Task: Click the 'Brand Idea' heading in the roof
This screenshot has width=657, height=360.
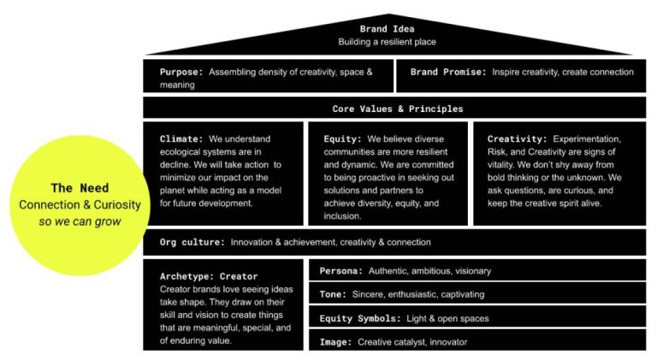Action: click(387, 29)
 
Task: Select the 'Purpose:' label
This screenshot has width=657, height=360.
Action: click(181, 72)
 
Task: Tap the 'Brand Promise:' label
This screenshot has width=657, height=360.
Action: click(448, 72)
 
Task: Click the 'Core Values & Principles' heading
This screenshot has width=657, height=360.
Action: click(398, 109)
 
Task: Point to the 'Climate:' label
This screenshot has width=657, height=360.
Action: click(181, 139)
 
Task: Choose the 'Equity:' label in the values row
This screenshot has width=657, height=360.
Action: click(342, 139)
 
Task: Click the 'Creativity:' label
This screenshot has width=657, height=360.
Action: click(517, 139)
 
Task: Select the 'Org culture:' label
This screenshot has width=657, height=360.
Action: click(192, 242)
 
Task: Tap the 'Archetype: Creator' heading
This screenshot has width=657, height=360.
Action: click(209, 276)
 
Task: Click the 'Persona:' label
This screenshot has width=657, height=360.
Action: click(341, 271)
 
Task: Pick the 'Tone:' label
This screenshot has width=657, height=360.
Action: click(333, 294)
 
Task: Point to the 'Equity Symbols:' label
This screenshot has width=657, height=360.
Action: click(360, 319)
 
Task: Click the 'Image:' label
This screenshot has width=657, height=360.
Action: click(335, 342)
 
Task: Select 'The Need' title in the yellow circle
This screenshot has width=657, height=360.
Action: click(80, 188)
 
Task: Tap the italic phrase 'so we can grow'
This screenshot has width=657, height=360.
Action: click(80, 221)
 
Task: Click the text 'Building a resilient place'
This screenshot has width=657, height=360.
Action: click(388, 42)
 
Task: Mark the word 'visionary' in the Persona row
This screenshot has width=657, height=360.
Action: click(472, 271)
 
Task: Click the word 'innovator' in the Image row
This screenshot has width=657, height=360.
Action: click(448, 342)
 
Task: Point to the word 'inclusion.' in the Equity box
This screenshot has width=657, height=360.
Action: click(342, 216)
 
